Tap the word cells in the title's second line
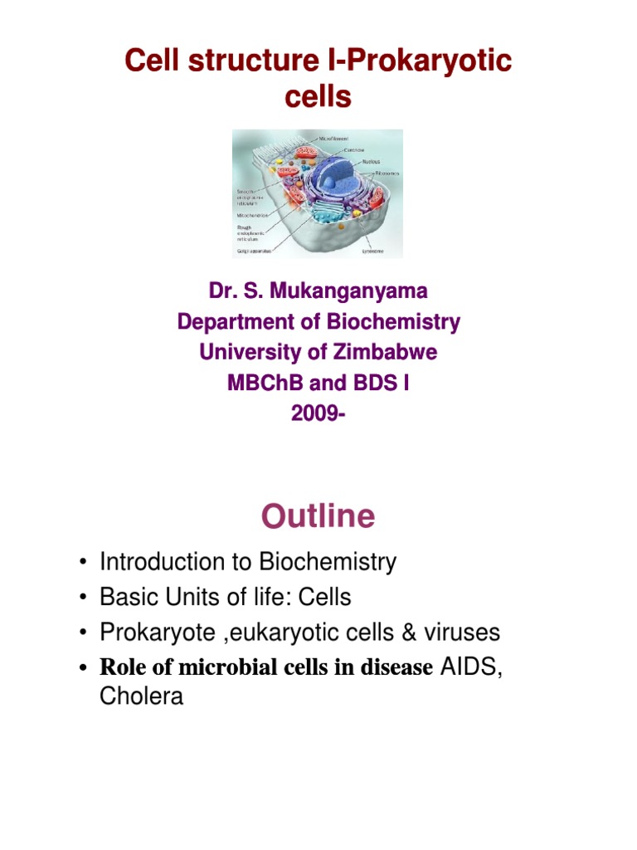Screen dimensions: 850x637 [x=318, y=97]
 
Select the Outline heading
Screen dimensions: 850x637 [x=318, y=516]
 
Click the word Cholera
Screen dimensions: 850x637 [x=141, y=697]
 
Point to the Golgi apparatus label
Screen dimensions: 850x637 [x=253, y=248]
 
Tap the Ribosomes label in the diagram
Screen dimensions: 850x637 [x=387, y=173]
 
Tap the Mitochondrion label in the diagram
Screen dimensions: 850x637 [x=254, y=213]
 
